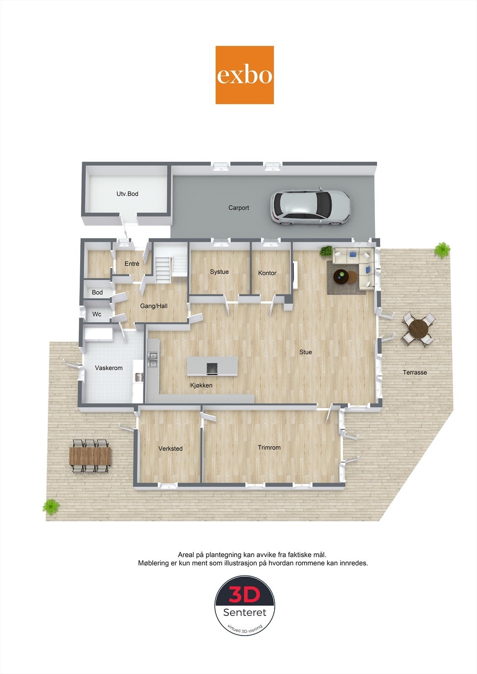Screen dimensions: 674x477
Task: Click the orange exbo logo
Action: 245,75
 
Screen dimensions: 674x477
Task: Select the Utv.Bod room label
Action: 127,194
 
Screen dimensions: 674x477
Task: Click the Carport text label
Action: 239,208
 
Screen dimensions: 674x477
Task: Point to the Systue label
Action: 219,272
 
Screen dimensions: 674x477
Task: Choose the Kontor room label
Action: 267,273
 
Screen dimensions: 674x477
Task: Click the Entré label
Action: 132,264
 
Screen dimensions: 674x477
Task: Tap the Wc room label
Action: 97,314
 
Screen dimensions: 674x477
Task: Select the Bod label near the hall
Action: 97,292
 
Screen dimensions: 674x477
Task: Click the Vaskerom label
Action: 109,368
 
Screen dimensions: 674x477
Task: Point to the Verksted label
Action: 170,448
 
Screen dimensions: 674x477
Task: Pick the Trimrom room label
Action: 269,447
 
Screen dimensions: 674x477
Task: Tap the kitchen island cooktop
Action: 212,368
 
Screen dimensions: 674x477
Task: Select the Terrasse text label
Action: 415,372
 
